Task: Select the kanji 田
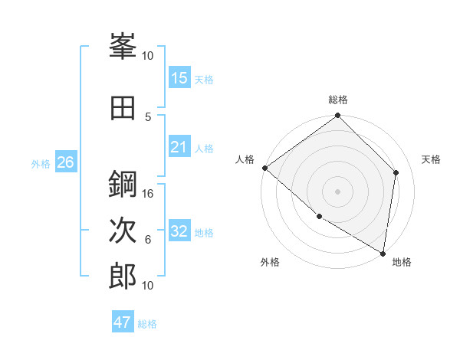click(x=123, y=108)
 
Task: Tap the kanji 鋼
click(x=123, y=185)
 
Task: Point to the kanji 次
click(x=123, y=231)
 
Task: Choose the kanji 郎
click(x=123, y=276)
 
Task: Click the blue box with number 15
click(x=179, y=78)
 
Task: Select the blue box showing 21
click(x=179, y=147)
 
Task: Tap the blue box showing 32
click(x=179, y=231)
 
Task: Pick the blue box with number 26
click(x=65, y=162)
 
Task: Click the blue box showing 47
click(x=123, y=322)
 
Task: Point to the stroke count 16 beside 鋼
click(x=149, y=194)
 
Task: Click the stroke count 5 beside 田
click(x=149, y=116)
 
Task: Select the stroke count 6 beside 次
click(x=149, y=240)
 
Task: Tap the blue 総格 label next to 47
click(x=147, y=324)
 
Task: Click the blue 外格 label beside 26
click(x=41, y=163)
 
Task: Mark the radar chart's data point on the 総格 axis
click(x=337, y=116)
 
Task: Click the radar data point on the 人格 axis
click(x=264, y=168)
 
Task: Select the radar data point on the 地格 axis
click(x=383, y=253)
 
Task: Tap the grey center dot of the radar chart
click(x=337, y=191)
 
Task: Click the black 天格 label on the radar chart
click(x=432, y=159)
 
